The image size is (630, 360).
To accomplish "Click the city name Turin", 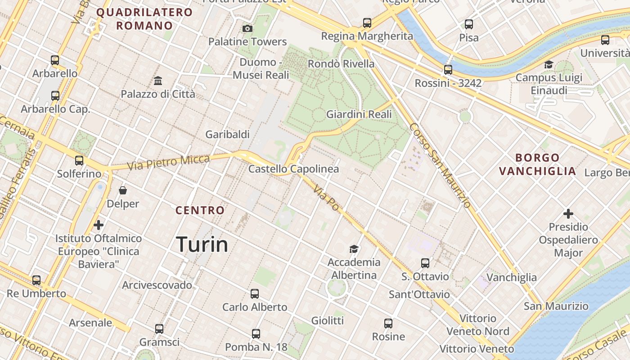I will pyautogui.click(x=202, y=244).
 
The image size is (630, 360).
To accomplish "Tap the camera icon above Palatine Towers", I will pyautogui.click(x=247, y=29).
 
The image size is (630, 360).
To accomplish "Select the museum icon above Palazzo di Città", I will pyautogui.click(x=158, y=81).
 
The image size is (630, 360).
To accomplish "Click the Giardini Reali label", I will pyautogui.click(x=359, y=114).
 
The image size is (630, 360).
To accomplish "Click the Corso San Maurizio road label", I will pyautogui.click(x=440, y=166).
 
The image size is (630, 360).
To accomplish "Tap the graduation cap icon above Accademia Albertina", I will pyautogui.click(x=354, y=249).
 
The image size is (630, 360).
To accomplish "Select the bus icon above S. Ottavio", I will pyautogui.click(x=425, y=263).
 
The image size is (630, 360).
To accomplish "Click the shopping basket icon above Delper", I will pyautogui.click(x=123, y=190).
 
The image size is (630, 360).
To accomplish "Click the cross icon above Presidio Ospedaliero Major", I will pyautogui.click(x=568, y=213).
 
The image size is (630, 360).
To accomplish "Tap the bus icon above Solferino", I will pyautogui.click(x=79, y=160).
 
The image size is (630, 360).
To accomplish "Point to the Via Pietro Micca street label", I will pyautogui.click(x=168, y=162).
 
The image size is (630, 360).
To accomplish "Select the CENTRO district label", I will pyautogui.click(x=200, y=210).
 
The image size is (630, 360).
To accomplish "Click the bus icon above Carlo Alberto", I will pyautogui.click(x=255, y=294).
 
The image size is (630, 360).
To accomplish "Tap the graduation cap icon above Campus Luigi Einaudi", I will pyautogui.click(x=549, y=64).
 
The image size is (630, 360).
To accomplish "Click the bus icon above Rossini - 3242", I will pyautogui.click(x=448, y=70).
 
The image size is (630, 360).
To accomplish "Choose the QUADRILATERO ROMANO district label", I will pyautogui.click(x=144, y=19).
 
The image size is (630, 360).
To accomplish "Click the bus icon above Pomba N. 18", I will pyautogui.click(x=256, y=334).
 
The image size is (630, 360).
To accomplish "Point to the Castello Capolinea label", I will pyautogui.click(x=293, y=169).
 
